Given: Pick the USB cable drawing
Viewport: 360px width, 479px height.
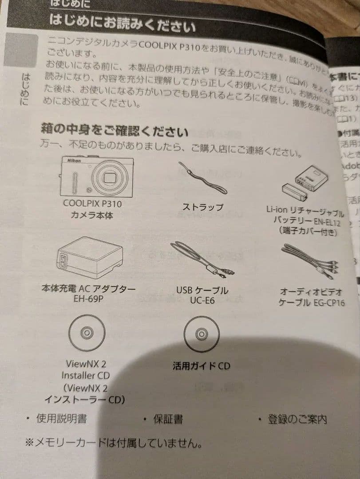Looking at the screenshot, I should [202, 262].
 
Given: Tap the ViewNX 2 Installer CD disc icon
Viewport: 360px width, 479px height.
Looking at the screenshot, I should [87, 333].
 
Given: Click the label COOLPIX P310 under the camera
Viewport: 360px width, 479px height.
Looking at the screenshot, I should [92, 204].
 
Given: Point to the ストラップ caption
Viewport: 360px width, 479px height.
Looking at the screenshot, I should [202, 207].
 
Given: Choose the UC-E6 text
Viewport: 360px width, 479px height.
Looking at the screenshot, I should [202, 301].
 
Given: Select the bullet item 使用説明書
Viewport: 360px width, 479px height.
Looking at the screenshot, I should [61, 417].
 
